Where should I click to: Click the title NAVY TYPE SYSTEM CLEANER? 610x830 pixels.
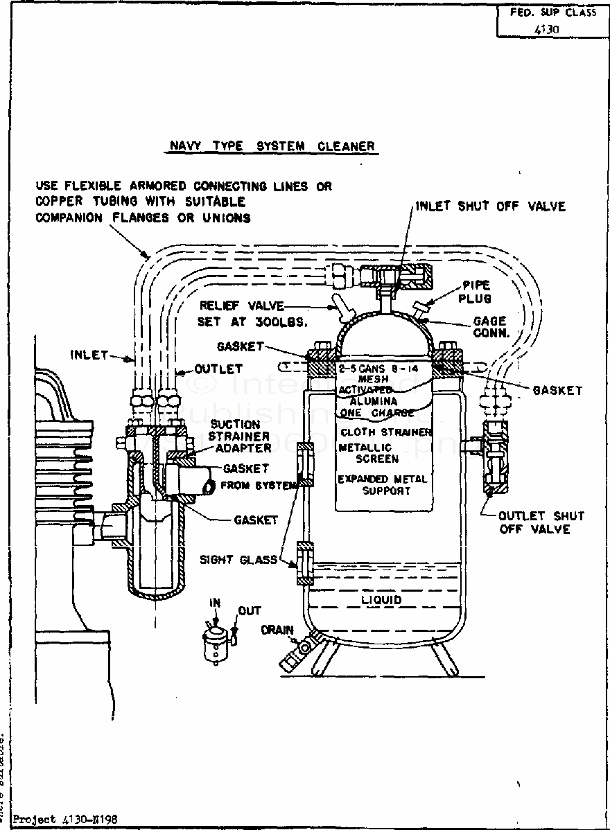coord(272,146)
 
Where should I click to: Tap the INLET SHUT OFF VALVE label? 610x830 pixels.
coord(490,206)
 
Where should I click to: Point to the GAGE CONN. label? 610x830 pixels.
coord(490,327)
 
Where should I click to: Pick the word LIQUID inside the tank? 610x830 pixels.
coord(381,599)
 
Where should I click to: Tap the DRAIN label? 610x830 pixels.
coord(277,630)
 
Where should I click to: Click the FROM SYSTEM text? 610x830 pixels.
coord(259,486)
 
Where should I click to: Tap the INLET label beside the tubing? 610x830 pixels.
coord(89,355)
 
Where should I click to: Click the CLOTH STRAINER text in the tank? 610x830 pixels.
coord(386,432)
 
